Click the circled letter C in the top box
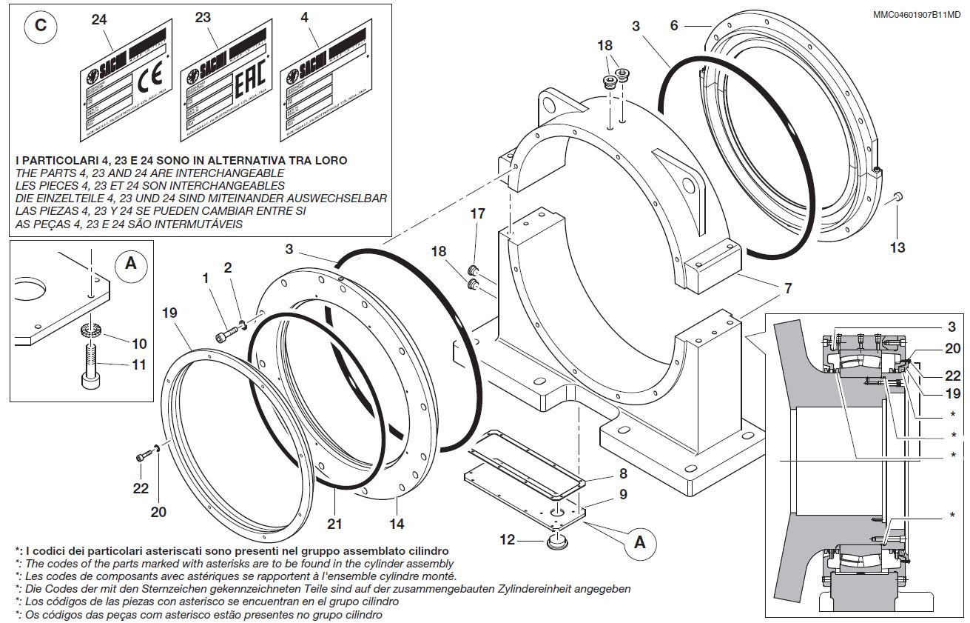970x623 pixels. (x=41, y=25)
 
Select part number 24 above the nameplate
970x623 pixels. (x=99, y=20)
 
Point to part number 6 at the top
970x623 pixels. (x=673, y=25)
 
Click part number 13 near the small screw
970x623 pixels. (x=897, y=247)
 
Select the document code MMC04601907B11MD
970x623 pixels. (x=916, y=14)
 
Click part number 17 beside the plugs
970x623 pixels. (x=478, y=214)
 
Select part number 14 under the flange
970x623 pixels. (x=397, y=523)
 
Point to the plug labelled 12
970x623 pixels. (x=557, y=543)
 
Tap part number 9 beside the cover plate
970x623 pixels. (x=623, y=494)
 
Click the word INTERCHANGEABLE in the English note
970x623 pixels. (x=227, y=173)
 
